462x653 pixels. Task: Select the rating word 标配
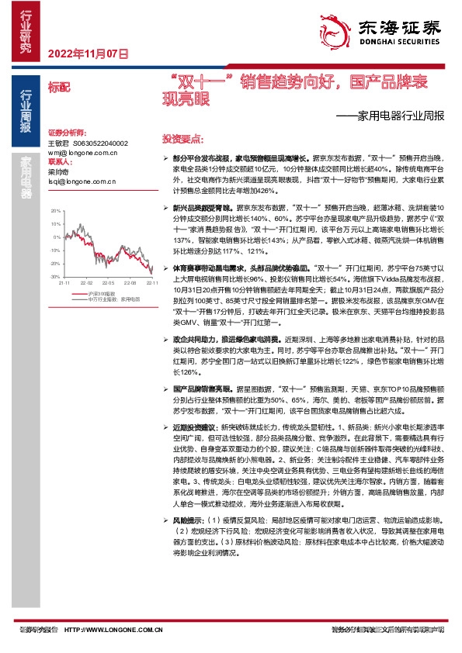(x=59, y=87)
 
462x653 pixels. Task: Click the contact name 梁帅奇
(x=59, y=171)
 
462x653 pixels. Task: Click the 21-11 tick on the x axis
(x=64, y=284)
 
